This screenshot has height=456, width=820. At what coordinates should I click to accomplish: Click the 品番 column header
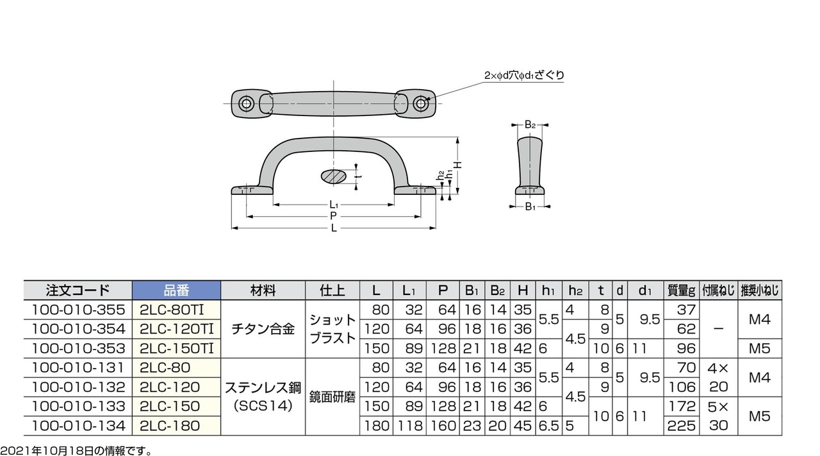click(176, 291)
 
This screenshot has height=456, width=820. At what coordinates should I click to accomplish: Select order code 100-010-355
click(78, 310)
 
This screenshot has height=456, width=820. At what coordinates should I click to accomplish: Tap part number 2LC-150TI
click(176, 348)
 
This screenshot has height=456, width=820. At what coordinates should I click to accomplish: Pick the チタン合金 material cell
click(263, 329)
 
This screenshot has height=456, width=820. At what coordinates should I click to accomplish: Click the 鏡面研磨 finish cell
click(332, 397)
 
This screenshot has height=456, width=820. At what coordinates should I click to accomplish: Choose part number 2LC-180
click(170, 426)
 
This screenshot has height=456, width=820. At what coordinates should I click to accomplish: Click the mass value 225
click(681, 426)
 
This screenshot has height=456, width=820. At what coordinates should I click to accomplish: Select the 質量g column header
click(681, 291)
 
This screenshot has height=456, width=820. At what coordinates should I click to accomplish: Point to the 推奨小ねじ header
click(760, 291)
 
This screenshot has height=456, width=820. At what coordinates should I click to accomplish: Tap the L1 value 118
click(409, 426)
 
